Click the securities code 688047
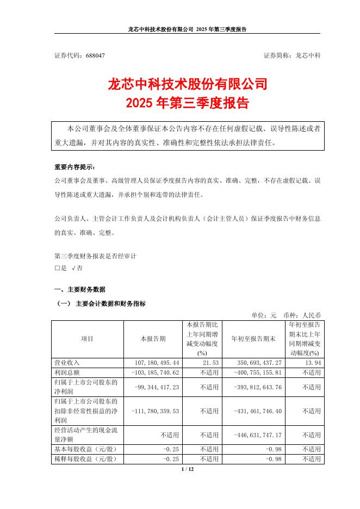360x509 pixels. click(92, 55)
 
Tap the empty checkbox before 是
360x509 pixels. click(57, 268)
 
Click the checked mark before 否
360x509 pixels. click(73, 268)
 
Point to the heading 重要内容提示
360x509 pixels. click(77, 166)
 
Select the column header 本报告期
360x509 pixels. click(152, 338)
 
